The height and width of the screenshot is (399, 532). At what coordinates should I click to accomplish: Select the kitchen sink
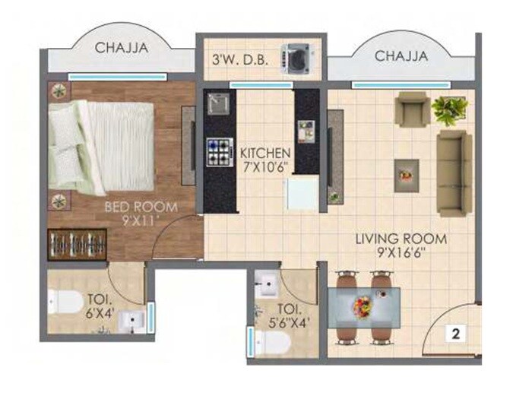click(x=217, y=103)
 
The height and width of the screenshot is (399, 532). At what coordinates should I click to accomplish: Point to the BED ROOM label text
click(x=141, y=206)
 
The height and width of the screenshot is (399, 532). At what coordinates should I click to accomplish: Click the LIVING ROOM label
click(x=401, y=239)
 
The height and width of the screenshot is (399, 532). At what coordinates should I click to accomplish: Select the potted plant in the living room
click(x=450, y=110)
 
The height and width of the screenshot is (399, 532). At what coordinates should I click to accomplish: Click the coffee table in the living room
click(x=407, y=175)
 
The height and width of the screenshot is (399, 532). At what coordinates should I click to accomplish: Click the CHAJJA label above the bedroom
click(x=122, y=48)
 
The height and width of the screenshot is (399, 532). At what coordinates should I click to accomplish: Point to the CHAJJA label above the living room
click(x=401, y=56)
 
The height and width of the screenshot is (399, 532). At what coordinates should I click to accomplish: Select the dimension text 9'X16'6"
click(x=401, y=254)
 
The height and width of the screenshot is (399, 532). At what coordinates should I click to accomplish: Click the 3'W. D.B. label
click(x=237, y=56)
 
